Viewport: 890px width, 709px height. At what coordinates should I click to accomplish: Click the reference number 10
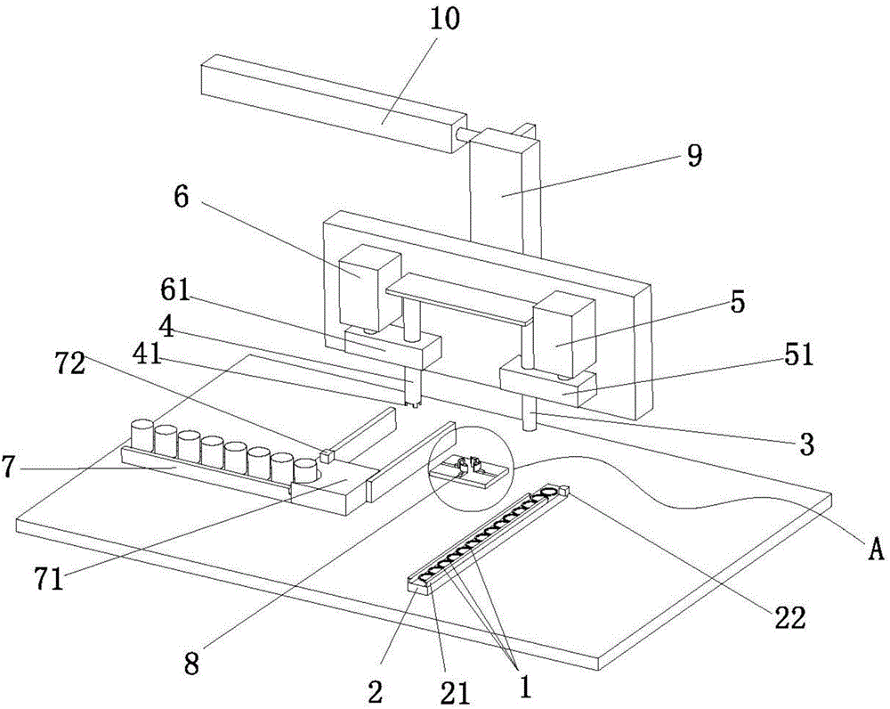pyautogui.click(x=447, y=20)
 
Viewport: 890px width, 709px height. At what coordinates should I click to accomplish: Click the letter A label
pyautogui.click(x=876, y=552)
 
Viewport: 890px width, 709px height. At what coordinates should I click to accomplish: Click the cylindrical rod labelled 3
pyautogui.click(x=531, y=417)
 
